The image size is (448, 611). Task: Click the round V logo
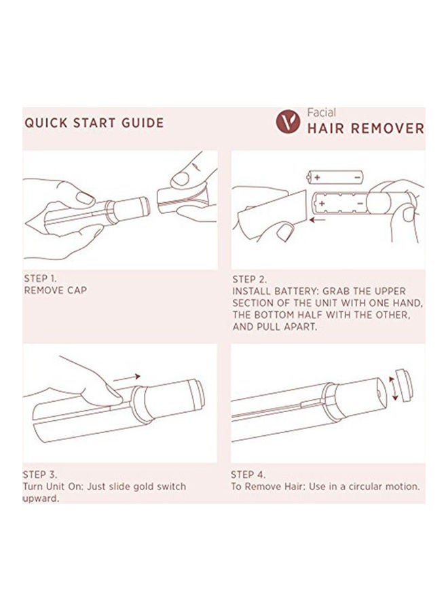tap(288, 122)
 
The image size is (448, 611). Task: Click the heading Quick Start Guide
tap(94, 123)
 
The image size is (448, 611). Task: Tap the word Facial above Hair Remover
tap(321, 113)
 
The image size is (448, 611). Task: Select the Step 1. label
tap(40, 278)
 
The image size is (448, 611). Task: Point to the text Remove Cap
tap(55, 291)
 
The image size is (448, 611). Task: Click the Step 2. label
tap(249, 280)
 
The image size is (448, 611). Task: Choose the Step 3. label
tap(40, 475)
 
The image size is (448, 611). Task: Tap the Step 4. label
tap(248, 475)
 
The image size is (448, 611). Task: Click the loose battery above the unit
tap(335, 177)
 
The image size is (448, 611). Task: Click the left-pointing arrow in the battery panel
tap(318, 220)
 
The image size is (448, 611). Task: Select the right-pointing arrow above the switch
tap(127, 377)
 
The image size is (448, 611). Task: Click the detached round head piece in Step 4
tap(404, 385)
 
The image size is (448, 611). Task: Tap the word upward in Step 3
tap(41, 499)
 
